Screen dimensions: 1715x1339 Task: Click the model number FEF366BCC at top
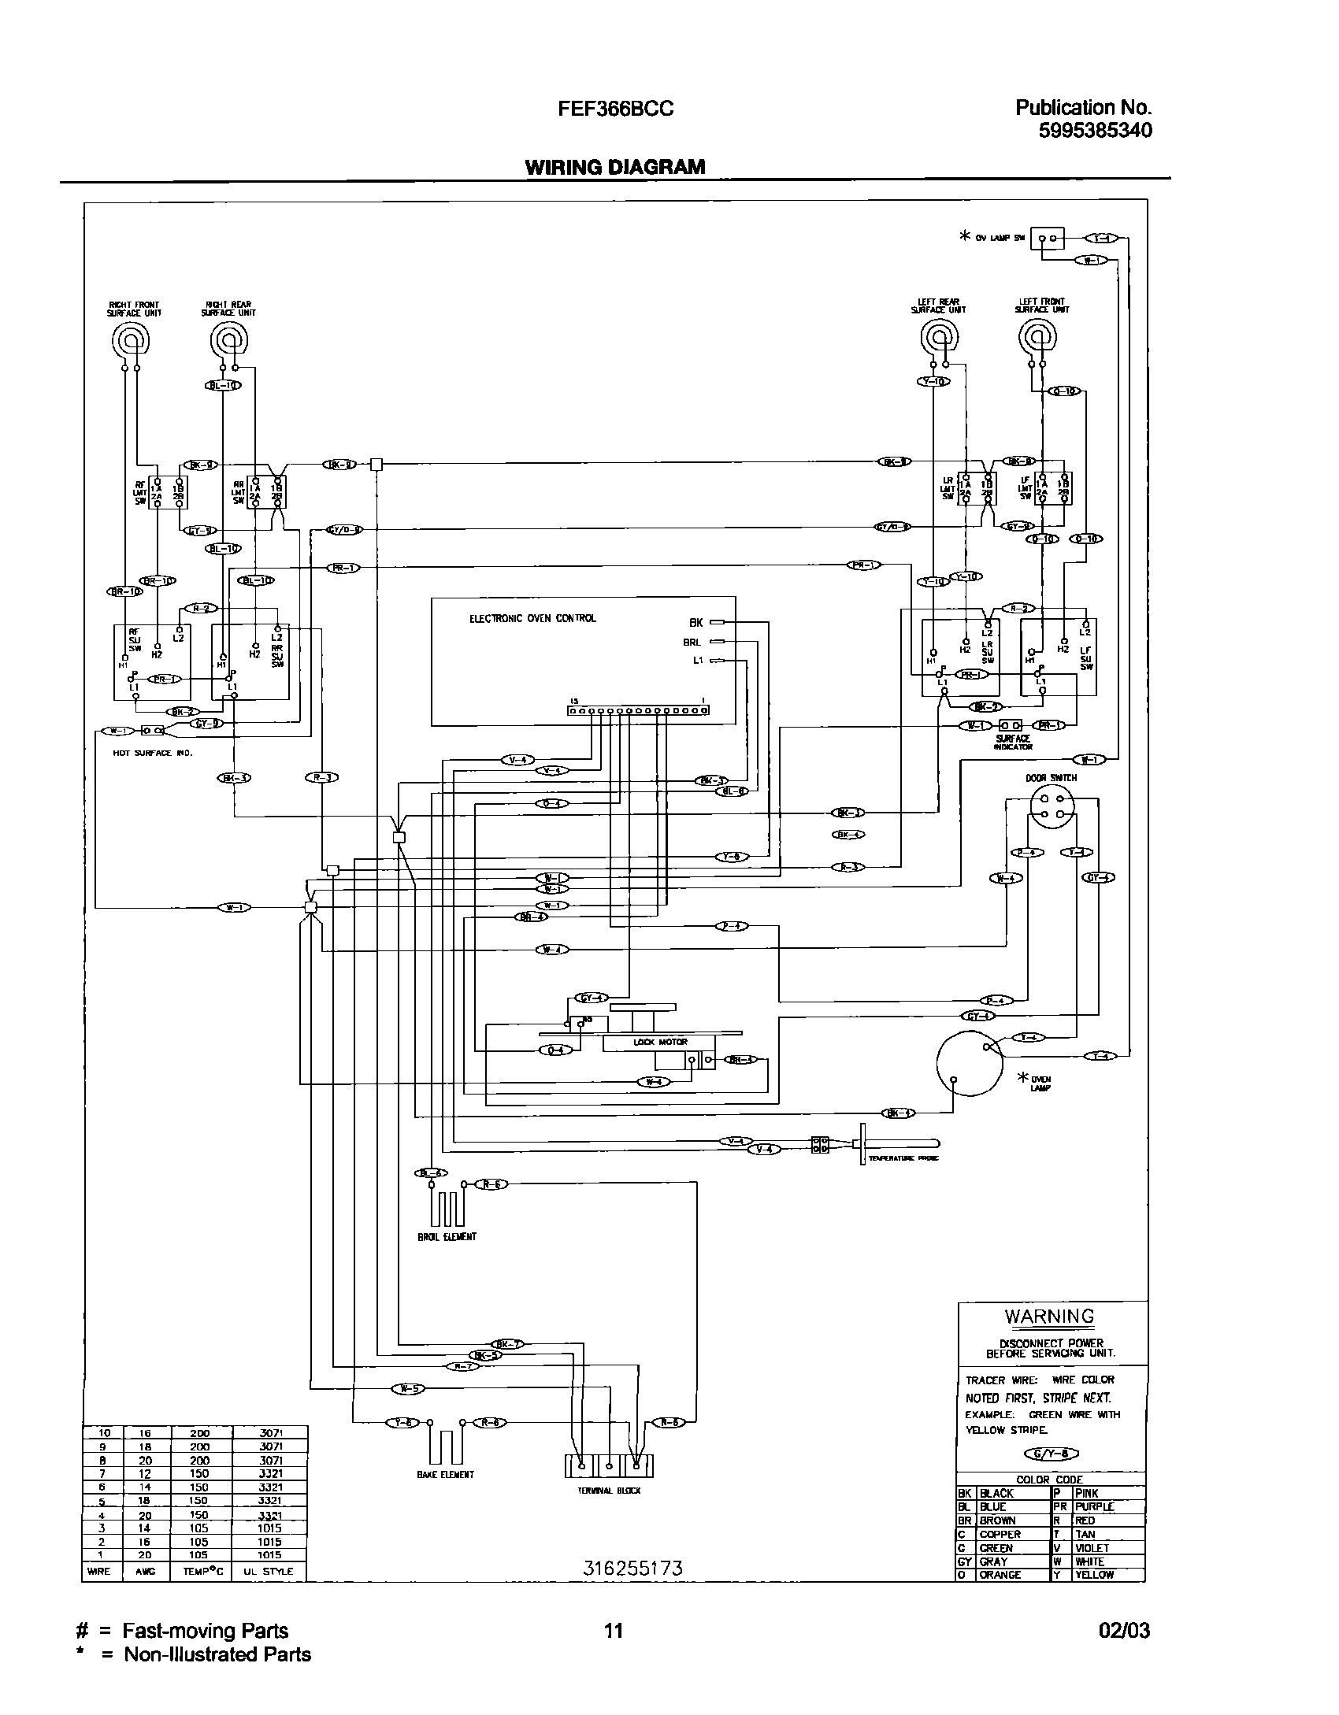point(615,109)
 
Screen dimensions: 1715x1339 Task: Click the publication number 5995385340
point(1094,131)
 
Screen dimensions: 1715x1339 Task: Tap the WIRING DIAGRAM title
point(614,167)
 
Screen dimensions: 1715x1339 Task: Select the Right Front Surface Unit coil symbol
point(128,340)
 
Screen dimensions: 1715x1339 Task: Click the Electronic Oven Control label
point(532,618)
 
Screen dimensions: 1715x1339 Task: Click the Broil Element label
point(447,1236)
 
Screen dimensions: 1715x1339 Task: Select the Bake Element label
point(446,1474)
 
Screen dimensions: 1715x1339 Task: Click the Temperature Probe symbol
point(898,1143)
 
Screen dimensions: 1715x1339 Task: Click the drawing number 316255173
point(632,1568)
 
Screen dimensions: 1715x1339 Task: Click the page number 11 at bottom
point(613,1631)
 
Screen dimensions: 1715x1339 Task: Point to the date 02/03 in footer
point(1124,1631)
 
